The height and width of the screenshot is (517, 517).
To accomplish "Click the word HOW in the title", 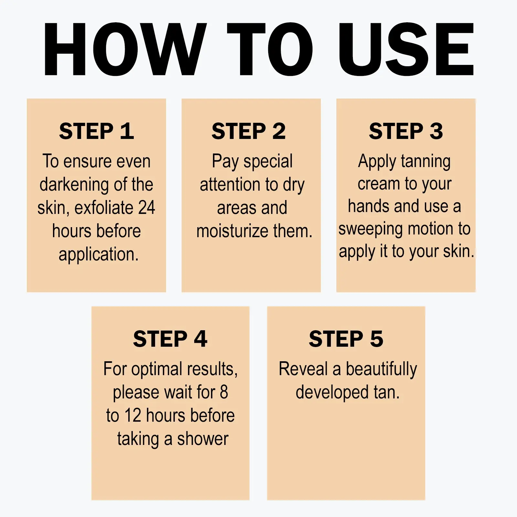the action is tap(125, 49).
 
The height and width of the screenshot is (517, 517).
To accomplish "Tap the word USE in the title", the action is tap(406, 49).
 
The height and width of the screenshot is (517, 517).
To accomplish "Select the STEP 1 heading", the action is tap(96, 131).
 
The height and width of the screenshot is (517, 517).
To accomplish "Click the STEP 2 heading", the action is tap(249, 131).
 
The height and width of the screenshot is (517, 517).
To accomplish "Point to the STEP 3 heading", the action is tap(406, 131).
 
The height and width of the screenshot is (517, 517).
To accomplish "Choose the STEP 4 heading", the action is tap(170, 339).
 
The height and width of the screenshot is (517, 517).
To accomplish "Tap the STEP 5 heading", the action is tap(346, 339).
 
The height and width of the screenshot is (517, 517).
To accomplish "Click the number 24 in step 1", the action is tap(147, 207).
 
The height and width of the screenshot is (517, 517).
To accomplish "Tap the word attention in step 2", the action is tap(230, 185).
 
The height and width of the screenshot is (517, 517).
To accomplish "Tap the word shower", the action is tap(203, 439).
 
